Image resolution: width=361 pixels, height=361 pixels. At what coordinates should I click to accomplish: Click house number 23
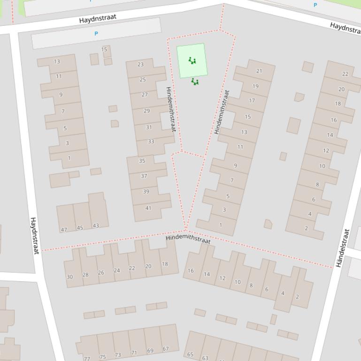(x=140, y=65)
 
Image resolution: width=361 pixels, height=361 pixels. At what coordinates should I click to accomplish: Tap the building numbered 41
(x=148, y=208)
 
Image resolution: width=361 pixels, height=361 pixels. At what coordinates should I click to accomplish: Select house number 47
(x=64, y=230)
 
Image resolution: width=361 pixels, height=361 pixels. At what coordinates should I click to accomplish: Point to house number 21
(x=259, y=71)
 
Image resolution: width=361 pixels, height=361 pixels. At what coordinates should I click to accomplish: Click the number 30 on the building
(x=69, y=277)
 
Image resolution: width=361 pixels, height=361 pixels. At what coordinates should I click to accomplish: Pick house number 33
(x=151, y=142)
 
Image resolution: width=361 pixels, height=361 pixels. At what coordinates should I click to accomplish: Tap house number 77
(x=87, y=359)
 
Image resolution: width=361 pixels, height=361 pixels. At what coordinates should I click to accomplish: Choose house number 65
(x=190, y=354)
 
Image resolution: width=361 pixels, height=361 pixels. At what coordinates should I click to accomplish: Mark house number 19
(x=255, y=86)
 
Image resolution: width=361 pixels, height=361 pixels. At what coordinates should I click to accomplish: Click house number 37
(x=144, y=176)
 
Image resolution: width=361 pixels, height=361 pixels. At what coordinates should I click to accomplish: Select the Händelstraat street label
(x=342, y=248)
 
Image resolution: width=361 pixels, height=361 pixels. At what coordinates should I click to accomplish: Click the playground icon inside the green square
(x=192, y=60)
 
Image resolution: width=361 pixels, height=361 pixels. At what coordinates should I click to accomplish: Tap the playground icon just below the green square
(x=195, y=82)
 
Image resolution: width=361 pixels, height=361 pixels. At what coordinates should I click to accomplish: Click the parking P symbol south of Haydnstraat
(x=96, y=34)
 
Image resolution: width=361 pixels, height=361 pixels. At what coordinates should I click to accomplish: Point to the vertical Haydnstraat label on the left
(x=34, y=235)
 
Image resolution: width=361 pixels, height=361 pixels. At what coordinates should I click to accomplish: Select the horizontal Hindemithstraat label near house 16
(x=188, y=238)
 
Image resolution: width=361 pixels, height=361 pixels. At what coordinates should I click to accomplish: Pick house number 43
(x=96, y=226)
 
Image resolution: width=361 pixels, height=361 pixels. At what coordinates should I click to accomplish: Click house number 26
(x=101, y=272)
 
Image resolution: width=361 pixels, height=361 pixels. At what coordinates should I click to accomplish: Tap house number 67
(x=165, y=349)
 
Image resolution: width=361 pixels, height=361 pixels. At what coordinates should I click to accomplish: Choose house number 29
(x=146, y=111)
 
